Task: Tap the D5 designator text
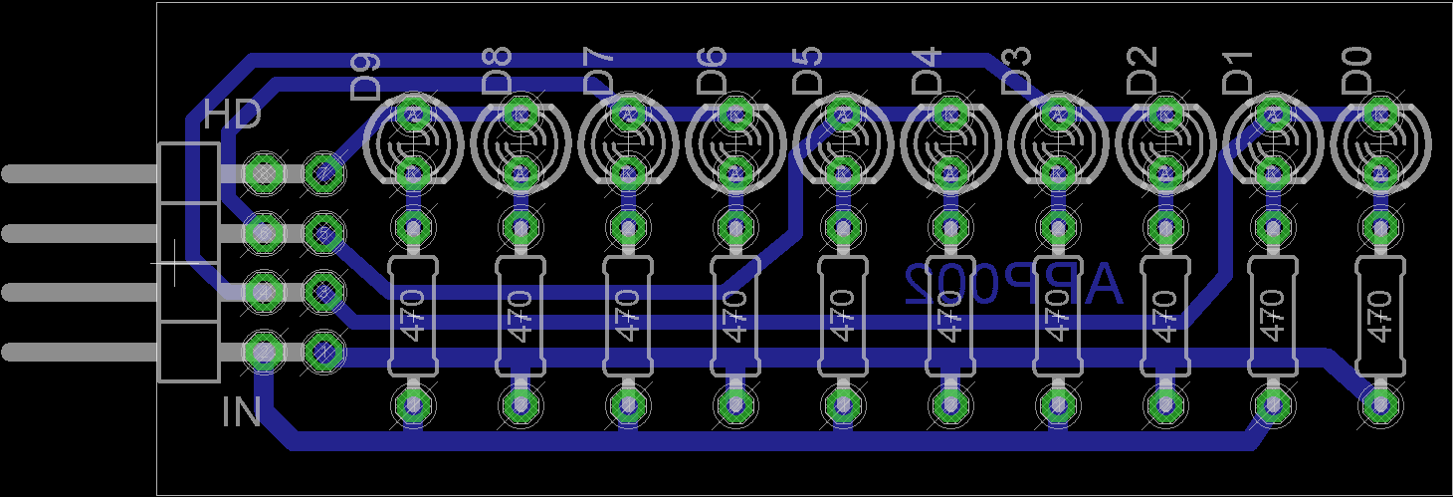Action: [x=808, y=70]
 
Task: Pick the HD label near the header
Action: [x=232, y=115]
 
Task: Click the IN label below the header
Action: [x=241, y=411]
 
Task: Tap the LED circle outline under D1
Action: [x=1272, y=143]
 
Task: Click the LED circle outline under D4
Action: [x=949, y=143]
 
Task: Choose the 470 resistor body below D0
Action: [x=1379, y=316]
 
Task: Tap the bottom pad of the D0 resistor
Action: [x=1379, y=404]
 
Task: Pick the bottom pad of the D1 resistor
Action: [x=1272, y=404]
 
